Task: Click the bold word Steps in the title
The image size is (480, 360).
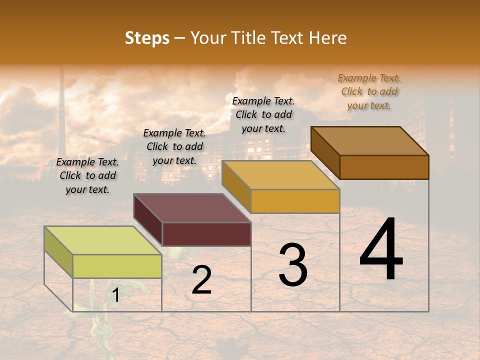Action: [x=147, y=38]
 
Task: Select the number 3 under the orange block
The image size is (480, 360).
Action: [x=293, y=265]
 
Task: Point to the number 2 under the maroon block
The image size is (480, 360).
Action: [x=201, y=280]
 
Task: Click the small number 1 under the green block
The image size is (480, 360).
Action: [x=115, y=295]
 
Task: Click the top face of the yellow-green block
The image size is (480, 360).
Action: [x=103, y=240]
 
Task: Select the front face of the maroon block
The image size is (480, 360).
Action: [x=206, y=234]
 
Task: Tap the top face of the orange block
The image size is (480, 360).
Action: [x=280, y=175]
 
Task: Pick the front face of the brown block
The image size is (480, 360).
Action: [x=384, y=167]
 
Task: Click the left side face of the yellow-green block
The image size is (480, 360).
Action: [x=58, y=252]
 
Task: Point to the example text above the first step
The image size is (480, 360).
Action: [x=87, y=176]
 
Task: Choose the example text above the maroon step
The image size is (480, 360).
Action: [x=174, y=147]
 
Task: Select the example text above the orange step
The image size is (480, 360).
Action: [x=263, y=114]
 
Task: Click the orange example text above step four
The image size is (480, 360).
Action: [x=369, y=91]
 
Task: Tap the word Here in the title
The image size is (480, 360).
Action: [x=327, y=38]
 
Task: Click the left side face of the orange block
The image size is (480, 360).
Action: [x=236, y=185]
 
